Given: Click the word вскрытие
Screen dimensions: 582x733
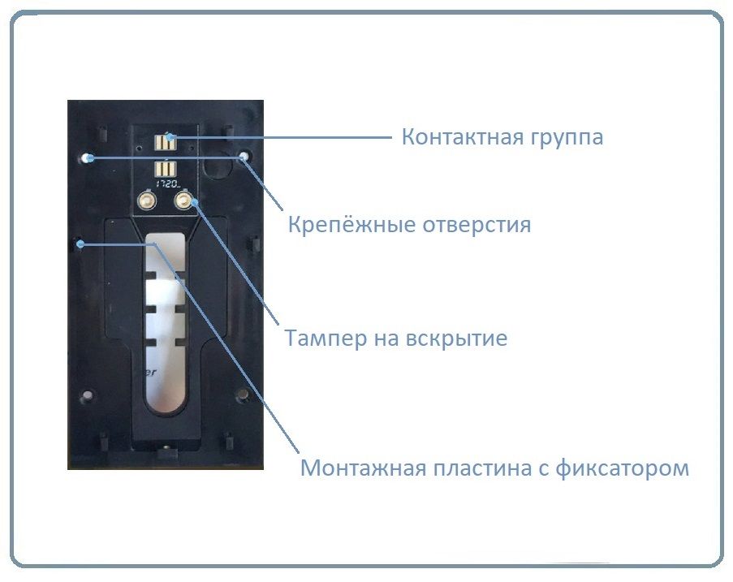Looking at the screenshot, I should [457, 338].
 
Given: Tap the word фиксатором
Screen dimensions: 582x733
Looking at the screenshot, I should [626, 468].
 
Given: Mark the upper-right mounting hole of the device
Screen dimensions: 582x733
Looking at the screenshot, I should [243, 155].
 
